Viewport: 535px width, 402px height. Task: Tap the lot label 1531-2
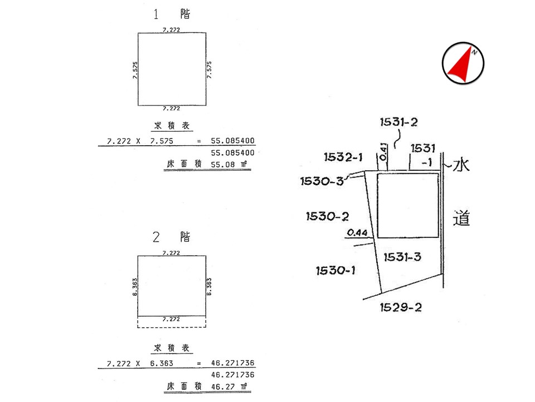coord(398,122)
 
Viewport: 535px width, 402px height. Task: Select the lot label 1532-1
coord(343,157)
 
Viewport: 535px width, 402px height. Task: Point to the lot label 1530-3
coord(322,181)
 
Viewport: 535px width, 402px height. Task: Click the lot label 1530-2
coord(327,217)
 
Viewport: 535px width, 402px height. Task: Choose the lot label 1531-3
coord(402,257)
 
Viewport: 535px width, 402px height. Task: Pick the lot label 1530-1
coord(335,271)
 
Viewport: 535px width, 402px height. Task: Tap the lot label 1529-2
coord(401,307)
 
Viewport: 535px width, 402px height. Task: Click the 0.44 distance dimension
coord(357,233)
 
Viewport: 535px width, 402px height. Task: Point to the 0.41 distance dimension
coord(383,152)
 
